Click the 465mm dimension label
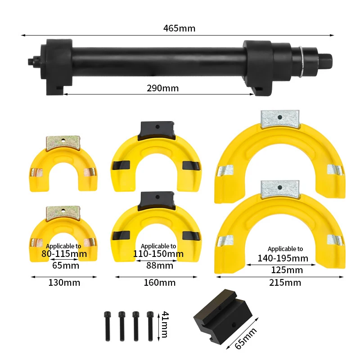(179, 28)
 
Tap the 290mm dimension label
(162, 88)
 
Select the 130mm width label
(64, 283)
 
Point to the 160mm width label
(160, 283)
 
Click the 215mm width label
(285, 283)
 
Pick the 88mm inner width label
(160, 265)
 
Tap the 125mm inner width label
(287, 270)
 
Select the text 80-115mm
(64, 254)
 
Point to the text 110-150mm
(158, 254)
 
